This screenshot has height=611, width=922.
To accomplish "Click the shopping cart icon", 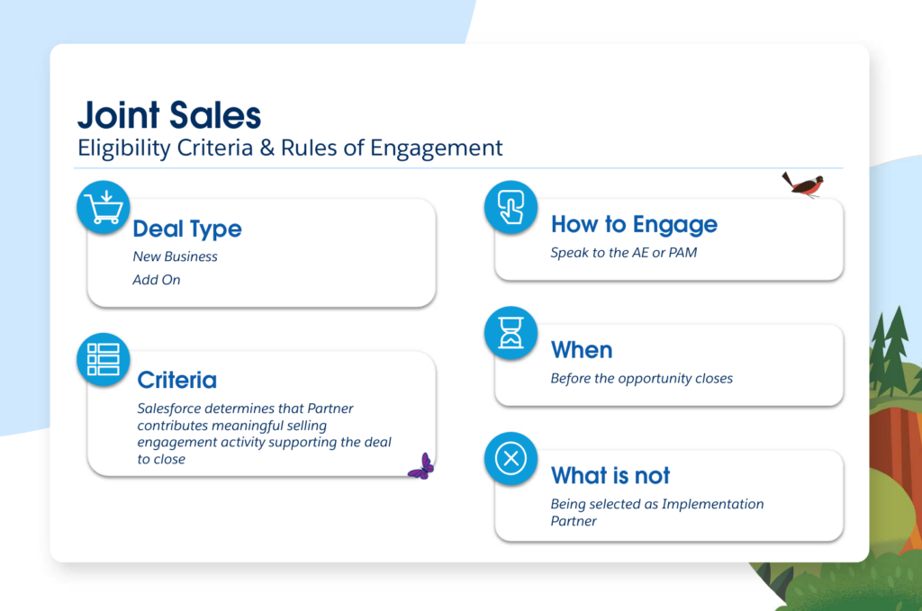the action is coord(104,207).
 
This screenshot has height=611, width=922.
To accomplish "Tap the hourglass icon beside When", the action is coord(511,333).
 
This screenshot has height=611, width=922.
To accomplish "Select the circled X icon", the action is coord(511,458).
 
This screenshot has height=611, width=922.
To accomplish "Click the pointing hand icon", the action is coord(511,207).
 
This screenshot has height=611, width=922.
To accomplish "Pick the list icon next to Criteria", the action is coord(104,360).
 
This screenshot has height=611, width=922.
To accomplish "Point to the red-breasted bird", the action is coord(803,184).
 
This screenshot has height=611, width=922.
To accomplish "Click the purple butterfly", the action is coord(421,467).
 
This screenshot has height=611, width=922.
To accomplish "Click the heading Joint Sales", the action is coord(169,115).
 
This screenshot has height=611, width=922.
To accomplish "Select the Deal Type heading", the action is coord(187,229).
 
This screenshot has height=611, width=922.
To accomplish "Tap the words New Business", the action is coord(176,256).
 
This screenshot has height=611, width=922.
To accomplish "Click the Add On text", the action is coord(157,280).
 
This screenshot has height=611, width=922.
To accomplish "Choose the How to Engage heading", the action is coord(634,224).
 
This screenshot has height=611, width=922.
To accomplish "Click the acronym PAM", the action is coord(682,253).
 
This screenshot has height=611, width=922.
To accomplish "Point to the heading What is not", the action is coord(610,475).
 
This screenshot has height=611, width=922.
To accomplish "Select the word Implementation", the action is coord(713,504).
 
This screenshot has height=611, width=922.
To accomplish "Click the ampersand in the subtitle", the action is coord(267,148).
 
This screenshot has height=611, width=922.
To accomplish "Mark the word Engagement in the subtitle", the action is coord(437,148).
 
